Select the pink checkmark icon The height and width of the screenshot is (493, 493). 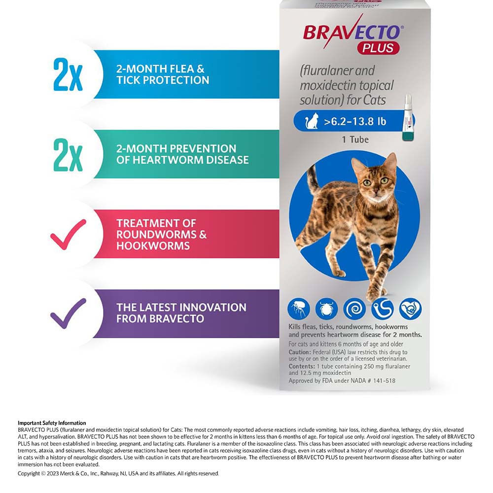pyautogui.click(x=68, y=234)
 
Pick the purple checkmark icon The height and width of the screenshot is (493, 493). pyautogui.click(x=68, y=314)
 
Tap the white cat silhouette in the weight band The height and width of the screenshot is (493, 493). pyautogui.click(x=312, y=121)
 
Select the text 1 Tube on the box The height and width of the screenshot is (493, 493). pyautogui.click(x=355, y=140)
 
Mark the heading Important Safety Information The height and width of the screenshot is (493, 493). pyautogui.click(x=52, y=423)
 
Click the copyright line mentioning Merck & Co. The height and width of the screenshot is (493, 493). pyautogui.click(x=118, y=473)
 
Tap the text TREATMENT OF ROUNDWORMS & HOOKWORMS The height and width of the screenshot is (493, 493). pyautogui.click(x=161, y=234)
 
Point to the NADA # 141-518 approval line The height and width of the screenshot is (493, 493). pyautogui.click(x=342, y=381)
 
